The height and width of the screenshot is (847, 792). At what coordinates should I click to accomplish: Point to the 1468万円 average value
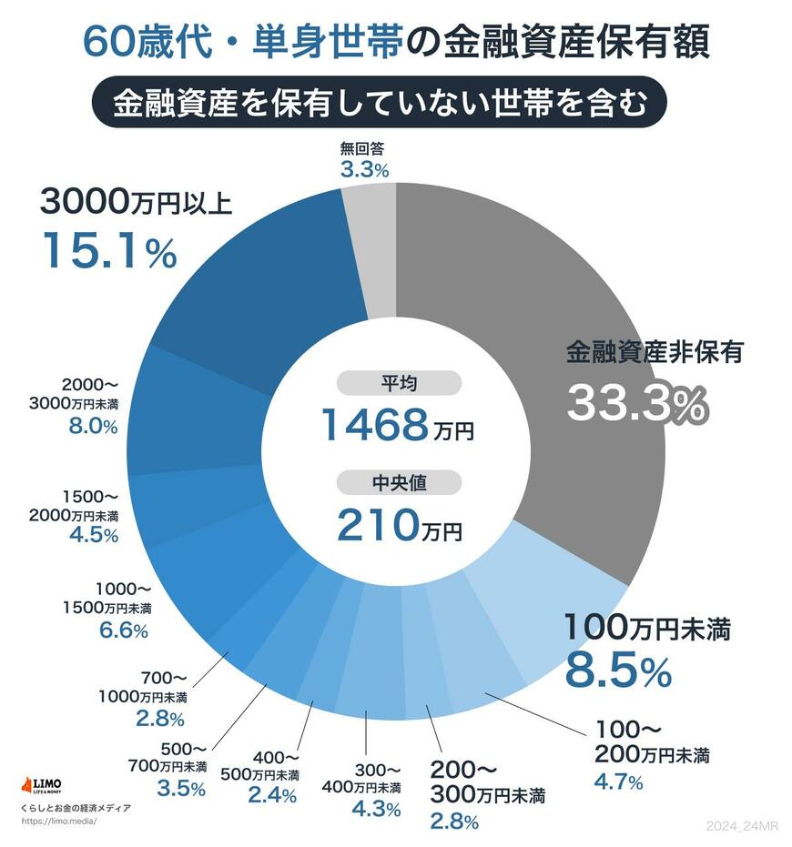(397, 424)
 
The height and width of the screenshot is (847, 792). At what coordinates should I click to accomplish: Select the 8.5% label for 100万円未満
(618, 671)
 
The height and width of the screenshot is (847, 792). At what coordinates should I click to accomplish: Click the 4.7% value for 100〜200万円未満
(619, 781)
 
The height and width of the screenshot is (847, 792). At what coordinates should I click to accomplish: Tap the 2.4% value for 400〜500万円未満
(272, 795)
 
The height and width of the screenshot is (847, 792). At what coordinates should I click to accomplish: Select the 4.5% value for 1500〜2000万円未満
(94, 535)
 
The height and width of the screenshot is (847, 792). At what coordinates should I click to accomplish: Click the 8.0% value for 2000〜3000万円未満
(93, 426)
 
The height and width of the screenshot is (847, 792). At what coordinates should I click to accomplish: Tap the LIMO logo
(41, 785)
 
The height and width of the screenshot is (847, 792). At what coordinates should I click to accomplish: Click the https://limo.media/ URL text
(57, 821)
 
